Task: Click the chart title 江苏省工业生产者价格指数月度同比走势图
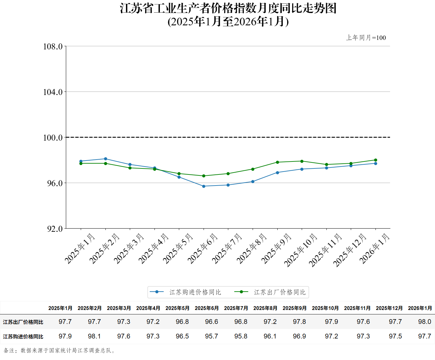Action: coord(228,9)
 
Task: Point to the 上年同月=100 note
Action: coord(366,38)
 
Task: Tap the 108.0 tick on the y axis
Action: coord(53,47)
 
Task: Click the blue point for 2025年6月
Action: coord(204,186)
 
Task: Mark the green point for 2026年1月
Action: coord(375,160)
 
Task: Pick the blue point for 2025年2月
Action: coord(105,159)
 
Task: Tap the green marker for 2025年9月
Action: coord(277,162)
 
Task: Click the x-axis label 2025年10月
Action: coord(300,250)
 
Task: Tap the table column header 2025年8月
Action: coord(265,308)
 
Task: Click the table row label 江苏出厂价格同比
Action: coord(23,322)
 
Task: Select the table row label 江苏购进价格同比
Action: coord(23,337)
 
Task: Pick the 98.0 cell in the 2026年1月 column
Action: coord(425,322)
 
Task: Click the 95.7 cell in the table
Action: coord(211,336)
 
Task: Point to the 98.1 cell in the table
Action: coord(94,336)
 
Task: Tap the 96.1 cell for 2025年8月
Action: coord(270,336)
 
